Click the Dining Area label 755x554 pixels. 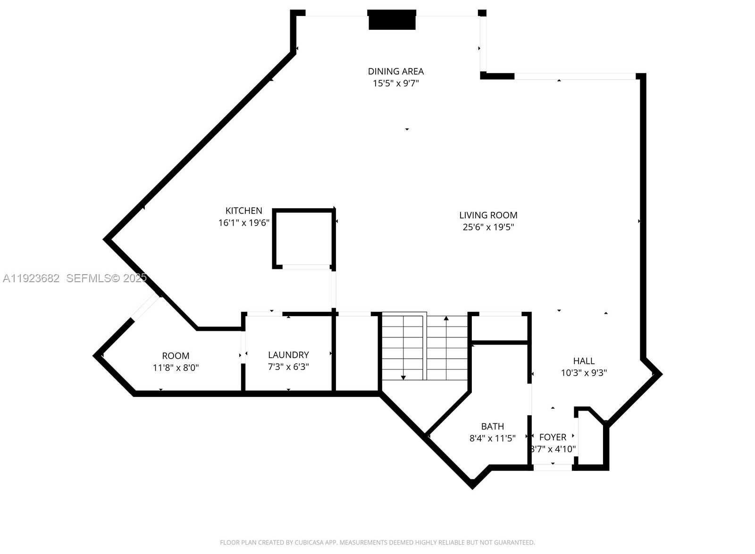(395, 71)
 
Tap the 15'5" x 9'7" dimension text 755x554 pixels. (395, 84)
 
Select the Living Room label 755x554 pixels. (488, 215)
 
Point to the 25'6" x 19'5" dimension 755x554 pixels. (488, 227)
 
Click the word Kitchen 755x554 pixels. (243, 210)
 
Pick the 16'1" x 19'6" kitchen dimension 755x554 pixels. (243, 223)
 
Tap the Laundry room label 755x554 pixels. (288, 355)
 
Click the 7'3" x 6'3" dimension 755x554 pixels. (288, 367)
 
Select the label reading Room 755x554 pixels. (176, 356)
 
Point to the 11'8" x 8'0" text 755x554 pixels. (176, 368)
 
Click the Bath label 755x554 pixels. (492, 426)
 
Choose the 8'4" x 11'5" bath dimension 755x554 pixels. (492, 438)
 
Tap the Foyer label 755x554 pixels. (553, 437)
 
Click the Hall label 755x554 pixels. (584, 361)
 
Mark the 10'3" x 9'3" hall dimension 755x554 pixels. (584, 373)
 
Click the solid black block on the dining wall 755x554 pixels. (392, 20)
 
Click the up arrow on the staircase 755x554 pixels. (446, 319)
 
